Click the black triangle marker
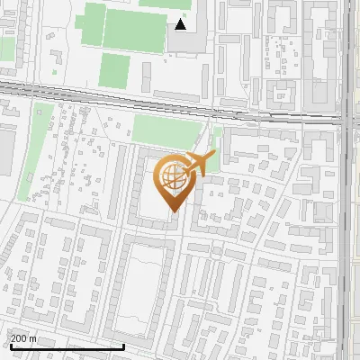(181, 24)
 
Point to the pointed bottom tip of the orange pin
(171, 211)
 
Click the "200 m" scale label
(23, 337)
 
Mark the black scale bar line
(67, 346)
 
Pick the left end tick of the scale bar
(10, 345)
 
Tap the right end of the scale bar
(123, 345)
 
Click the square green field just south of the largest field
(113, 68)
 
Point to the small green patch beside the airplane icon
(216, 144)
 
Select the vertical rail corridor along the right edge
(347, 225)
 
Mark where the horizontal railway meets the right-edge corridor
(346, 118)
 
